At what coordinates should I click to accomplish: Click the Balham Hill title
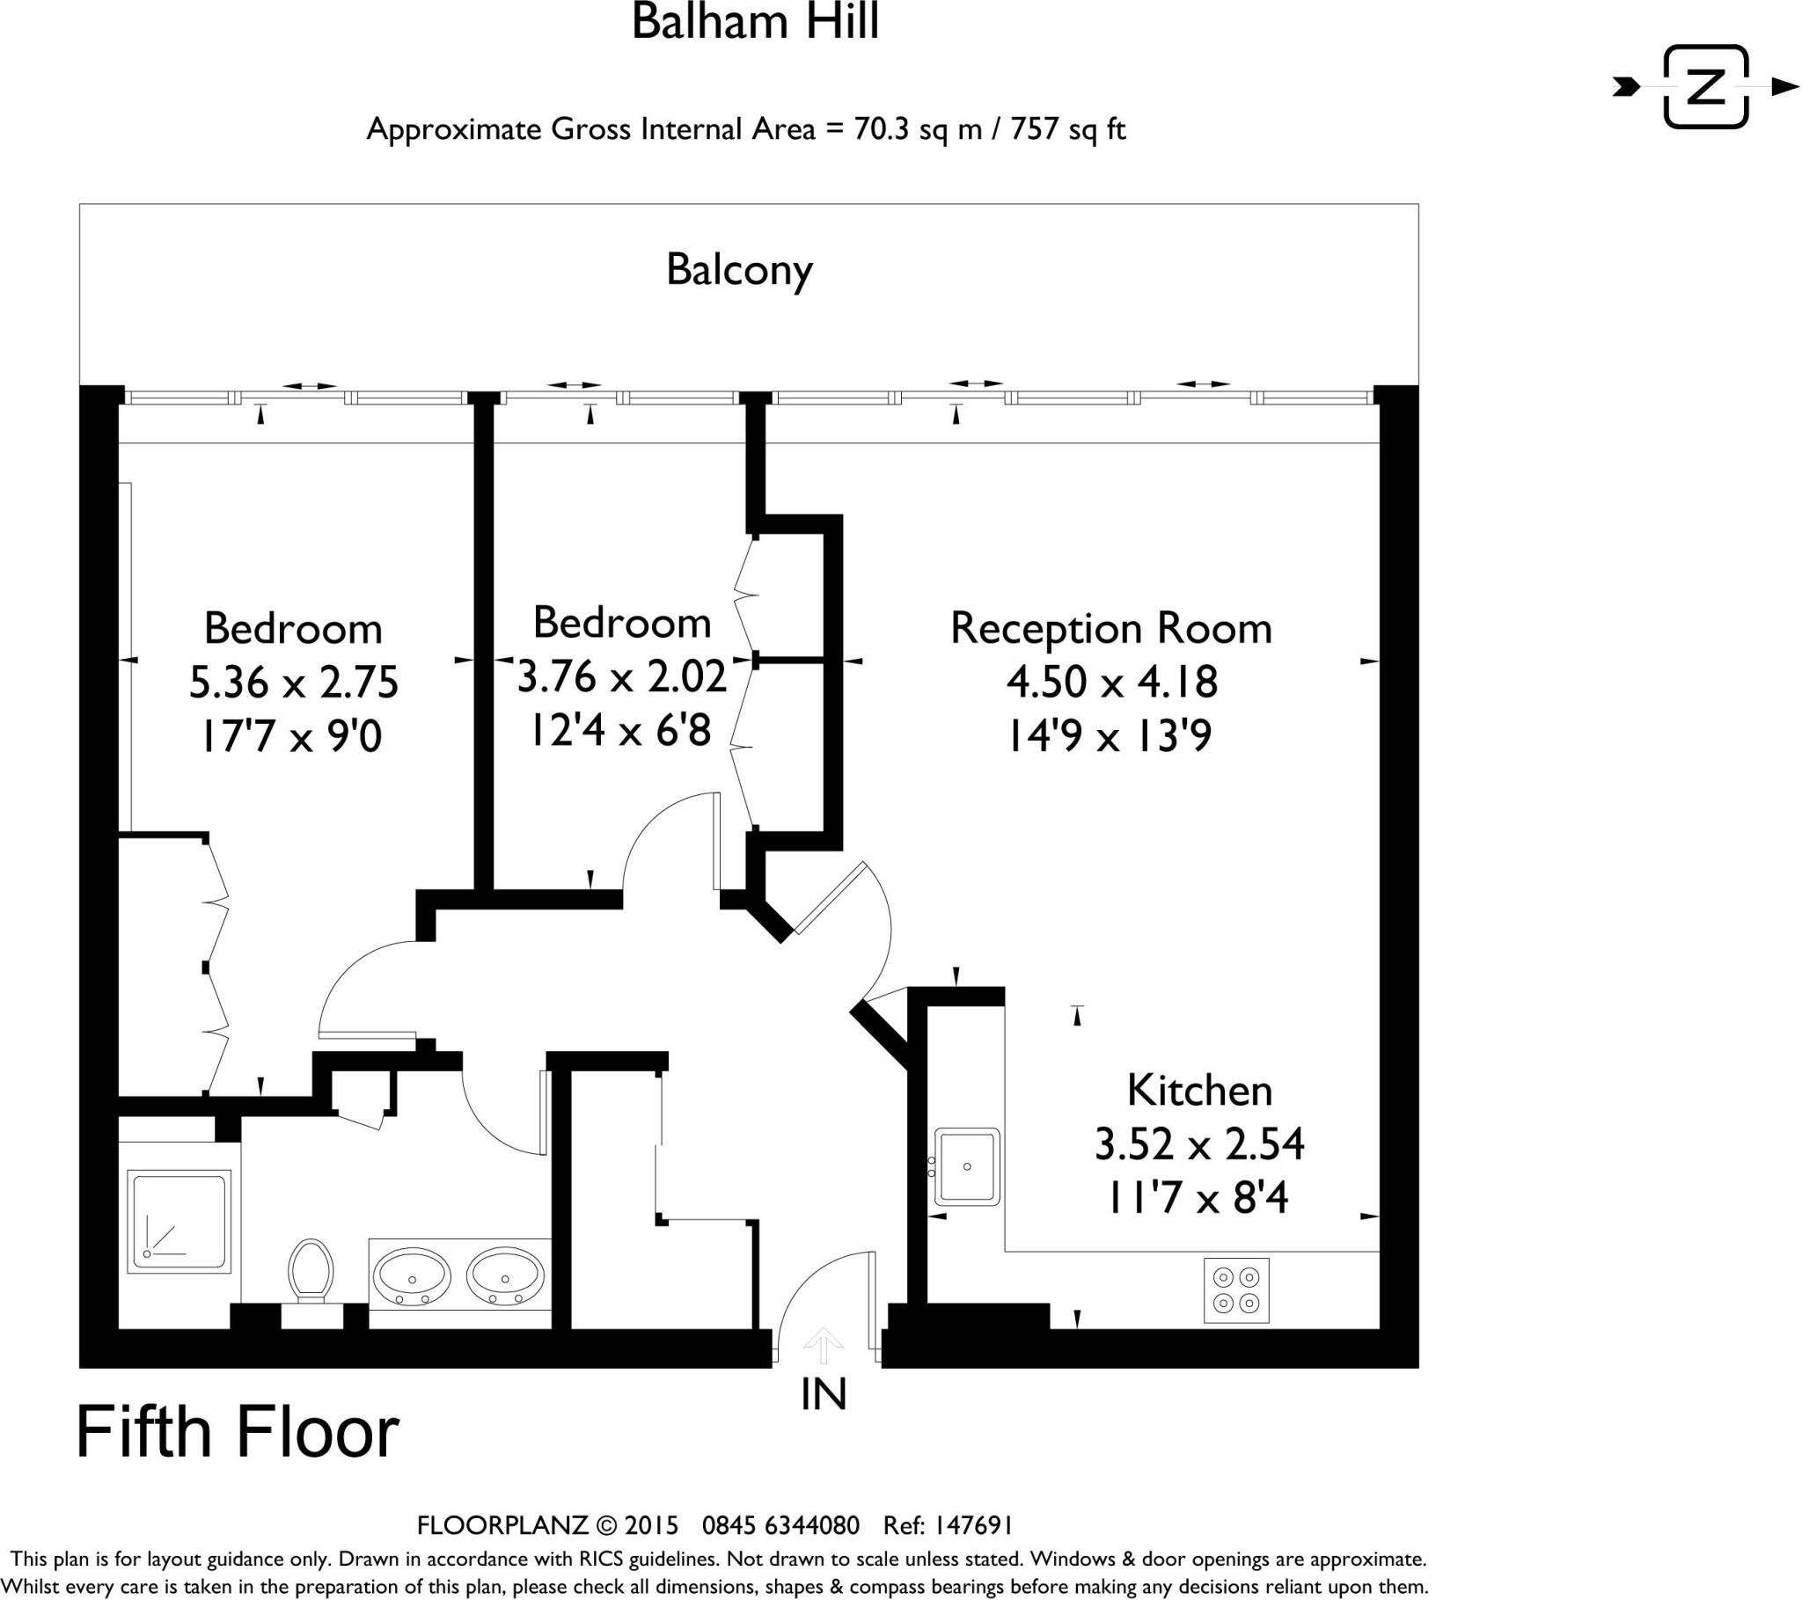coord(756,23)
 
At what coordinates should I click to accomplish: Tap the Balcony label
coord(739,270)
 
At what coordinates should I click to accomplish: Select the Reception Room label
coord(1110,630)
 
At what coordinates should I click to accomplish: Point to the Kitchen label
coord(1199,1092)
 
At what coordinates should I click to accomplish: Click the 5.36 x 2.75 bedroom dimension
coord(294,683)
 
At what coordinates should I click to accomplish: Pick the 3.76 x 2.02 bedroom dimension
coord(621,677)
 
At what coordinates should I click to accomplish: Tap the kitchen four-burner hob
coord(1236,1290)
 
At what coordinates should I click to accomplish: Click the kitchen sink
coord(967,1166)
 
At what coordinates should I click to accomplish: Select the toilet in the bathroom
coord(310,1269)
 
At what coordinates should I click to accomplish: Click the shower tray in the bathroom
coord(179,1221)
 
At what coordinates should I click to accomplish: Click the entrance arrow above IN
coord(824,1345)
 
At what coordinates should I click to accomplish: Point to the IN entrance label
coord(824,1394)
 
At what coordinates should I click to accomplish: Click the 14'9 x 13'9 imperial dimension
coord(1110,735)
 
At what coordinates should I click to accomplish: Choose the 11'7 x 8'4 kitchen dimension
coord(1199,1198)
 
